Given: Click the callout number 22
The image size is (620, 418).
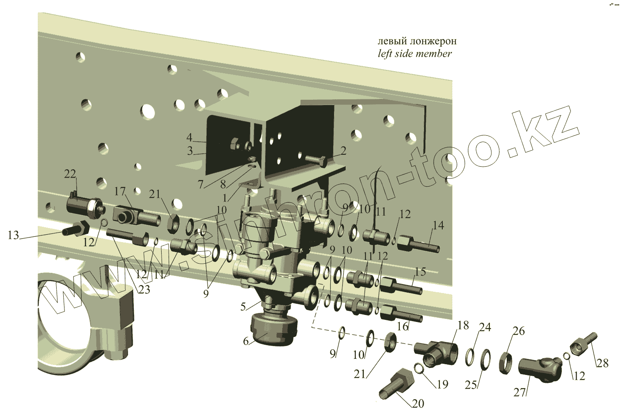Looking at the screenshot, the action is pyautogui.click(x=70, y=174).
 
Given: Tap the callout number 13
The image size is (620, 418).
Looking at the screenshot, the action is pyautogui.click(x=13, y=235).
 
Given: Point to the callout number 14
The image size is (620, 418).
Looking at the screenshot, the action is pyautogui.click(x=438, y=226).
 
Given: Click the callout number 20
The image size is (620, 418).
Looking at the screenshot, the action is pyautogui.click(x=418, y=404).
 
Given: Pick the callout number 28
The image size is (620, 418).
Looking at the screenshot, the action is pyautogui.click(x=603, y=363).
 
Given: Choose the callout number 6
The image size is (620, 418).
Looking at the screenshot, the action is pyautogui.click(x=246, y=341).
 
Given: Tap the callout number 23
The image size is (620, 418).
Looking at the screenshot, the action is pyautogui.click(x=144, y=290).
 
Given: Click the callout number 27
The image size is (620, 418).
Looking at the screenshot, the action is pyautogui.click(x=520, y=392).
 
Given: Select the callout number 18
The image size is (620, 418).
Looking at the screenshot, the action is pyautogui.click(x=463, y=325).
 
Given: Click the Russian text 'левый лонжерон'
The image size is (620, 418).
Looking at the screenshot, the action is pyautogui.click(x=417, y=41).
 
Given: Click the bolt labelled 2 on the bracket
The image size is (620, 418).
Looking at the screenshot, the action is pyautogui.click(x=316, y=161).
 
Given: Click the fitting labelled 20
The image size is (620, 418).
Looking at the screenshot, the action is pyautogui.click(x=396, y=384).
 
